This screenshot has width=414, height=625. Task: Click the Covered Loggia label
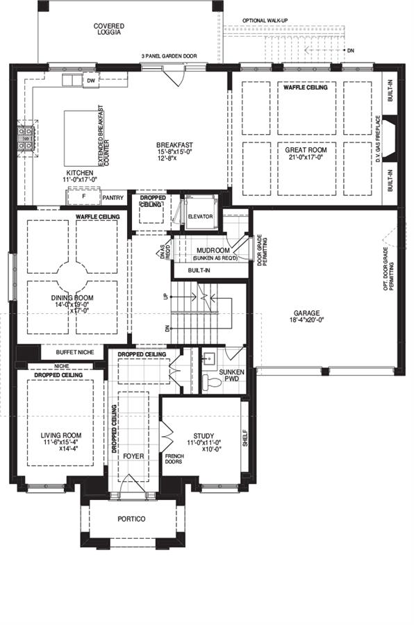(x=109, y=28)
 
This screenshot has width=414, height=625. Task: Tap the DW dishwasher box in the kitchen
(x=90, y=81)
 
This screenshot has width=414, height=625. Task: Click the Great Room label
(x=301, y=149)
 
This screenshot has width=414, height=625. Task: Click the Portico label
(x=131, y=519)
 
